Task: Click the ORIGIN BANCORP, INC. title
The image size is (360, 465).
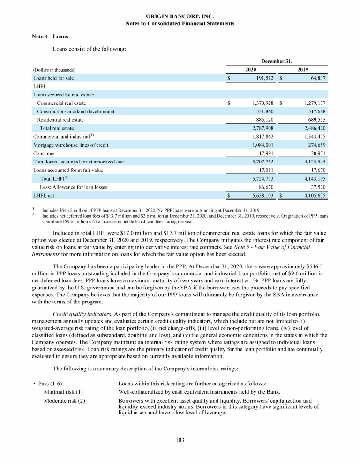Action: tap(180, 16)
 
